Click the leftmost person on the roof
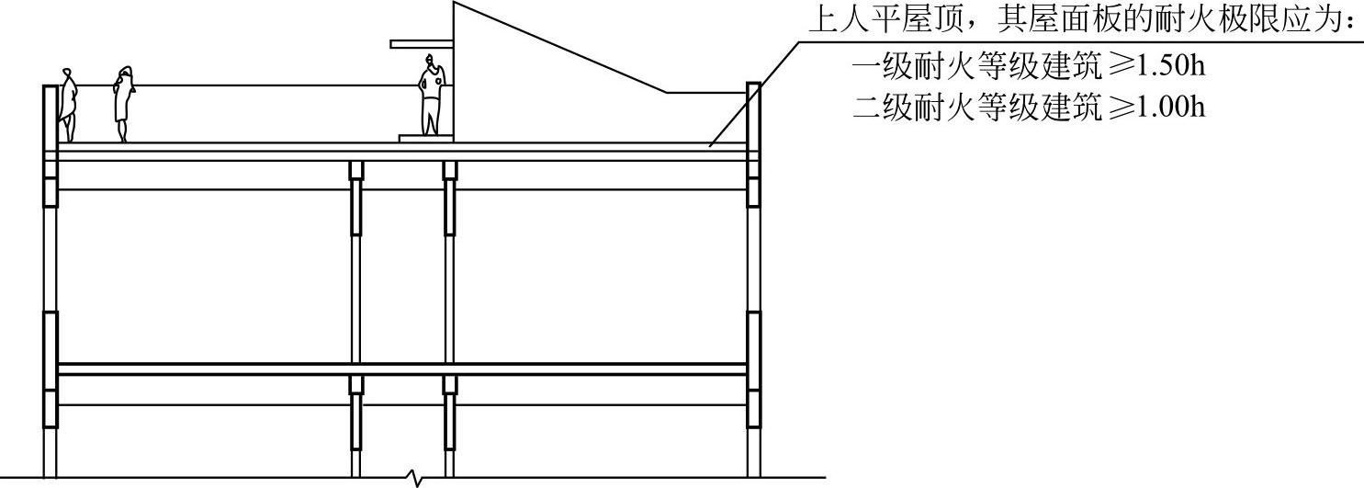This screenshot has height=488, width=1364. tap(68, 104)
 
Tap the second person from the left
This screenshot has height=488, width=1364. tap(124, 103)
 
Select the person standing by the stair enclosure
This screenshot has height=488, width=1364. tap(431, 97)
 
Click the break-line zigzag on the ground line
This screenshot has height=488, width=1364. tap(417, 477)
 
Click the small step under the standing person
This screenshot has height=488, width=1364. tap(426, 138)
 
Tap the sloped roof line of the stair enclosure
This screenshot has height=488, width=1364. tap(560, 46)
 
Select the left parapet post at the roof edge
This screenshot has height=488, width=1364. tap(51, 115)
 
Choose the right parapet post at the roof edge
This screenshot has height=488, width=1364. tap(753, 115)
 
